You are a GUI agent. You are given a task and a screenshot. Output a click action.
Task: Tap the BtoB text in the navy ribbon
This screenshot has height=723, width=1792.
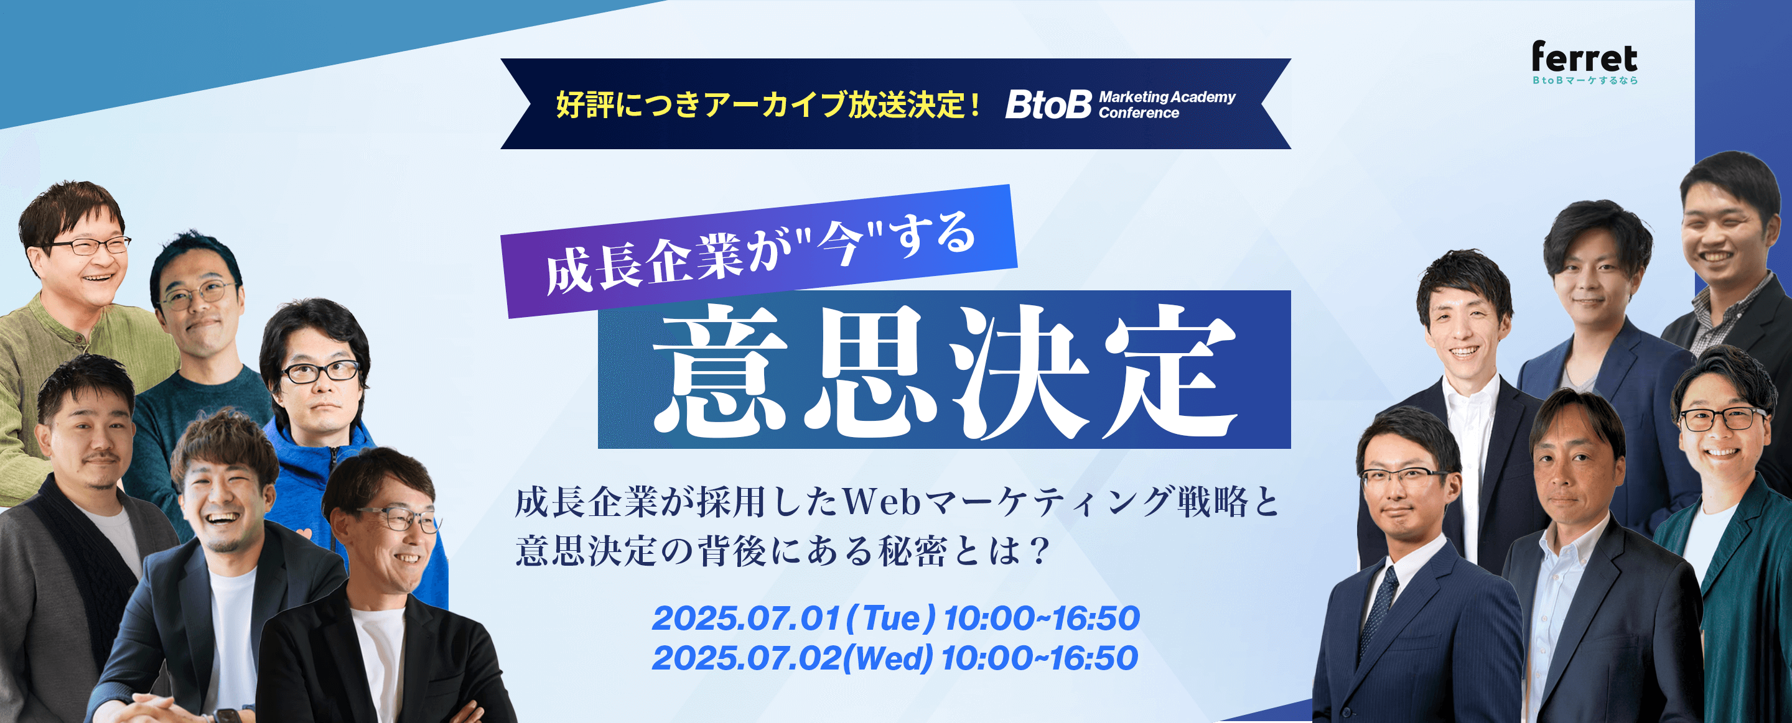1048,105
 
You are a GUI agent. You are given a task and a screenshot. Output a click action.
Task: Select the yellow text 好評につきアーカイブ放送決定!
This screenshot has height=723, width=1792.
768,105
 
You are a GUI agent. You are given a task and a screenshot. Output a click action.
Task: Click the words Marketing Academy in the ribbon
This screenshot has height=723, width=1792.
1167,98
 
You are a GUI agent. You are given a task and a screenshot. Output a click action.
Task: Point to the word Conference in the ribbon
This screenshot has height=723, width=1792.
1139,113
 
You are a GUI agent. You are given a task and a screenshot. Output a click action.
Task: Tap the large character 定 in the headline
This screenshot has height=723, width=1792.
1169,370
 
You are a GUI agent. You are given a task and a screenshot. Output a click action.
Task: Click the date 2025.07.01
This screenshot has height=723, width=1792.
746,618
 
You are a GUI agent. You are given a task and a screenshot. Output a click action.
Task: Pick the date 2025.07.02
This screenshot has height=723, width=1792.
746,658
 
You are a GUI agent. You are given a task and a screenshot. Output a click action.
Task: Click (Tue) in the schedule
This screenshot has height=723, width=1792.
891,618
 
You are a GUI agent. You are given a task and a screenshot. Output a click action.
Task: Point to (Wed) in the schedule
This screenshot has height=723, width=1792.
887,658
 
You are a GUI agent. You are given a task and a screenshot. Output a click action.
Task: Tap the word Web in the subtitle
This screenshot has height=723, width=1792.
883,502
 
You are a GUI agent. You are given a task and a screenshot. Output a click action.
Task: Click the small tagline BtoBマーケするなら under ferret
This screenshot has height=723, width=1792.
1585,81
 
